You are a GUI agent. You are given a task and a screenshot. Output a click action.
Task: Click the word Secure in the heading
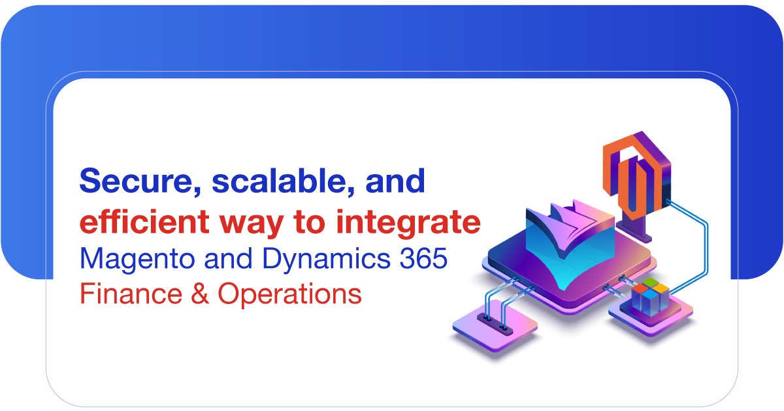[140, 181]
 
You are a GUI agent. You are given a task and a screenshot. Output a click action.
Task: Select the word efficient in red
[144, 222]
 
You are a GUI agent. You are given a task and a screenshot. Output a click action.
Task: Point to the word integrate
[408, 224]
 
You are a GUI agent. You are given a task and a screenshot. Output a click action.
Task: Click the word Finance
[131, 294]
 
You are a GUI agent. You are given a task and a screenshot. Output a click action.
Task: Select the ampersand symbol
[200, 294]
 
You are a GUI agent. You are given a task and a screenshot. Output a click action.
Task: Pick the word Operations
[290, 294]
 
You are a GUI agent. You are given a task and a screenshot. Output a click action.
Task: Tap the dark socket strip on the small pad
[495, 324]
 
